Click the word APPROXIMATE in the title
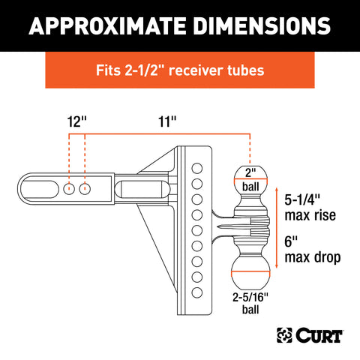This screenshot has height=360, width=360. [x=108, y=25]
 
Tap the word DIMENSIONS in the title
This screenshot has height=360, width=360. [x=262, y=25]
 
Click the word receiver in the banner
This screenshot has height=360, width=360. [x=193, y=70]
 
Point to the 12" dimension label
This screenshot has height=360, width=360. [x=76, y=121]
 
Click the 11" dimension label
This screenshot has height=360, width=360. [x=167, y=121]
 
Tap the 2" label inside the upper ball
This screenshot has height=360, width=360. [x=250, y=172]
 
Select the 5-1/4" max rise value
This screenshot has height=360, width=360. [x=302, y=199]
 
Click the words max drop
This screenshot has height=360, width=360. [x=313, y=257]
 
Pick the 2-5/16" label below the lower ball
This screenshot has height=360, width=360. [x=250, y=298]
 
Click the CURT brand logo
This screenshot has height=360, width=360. [x=310, y=335]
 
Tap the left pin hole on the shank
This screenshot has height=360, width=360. [x=69, y=189]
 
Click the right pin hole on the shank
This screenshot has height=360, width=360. [x=85, y=189]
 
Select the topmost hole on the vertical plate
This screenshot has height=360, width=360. [x=197, y=168]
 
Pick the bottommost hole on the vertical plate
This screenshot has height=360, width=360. [x=197, y=292]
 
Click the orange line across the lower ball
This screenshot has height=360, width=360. [x=250, y=271]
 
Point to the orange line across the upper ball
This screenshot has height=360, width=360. [x=250, y=179]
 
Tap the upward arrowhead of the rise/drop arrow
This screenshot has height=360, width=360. [x=277, y=189]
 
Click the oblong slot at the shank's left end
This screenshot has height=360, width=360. [x=40, y=189]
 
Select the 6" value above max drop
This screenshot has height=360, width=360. [x=291, y=241]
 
